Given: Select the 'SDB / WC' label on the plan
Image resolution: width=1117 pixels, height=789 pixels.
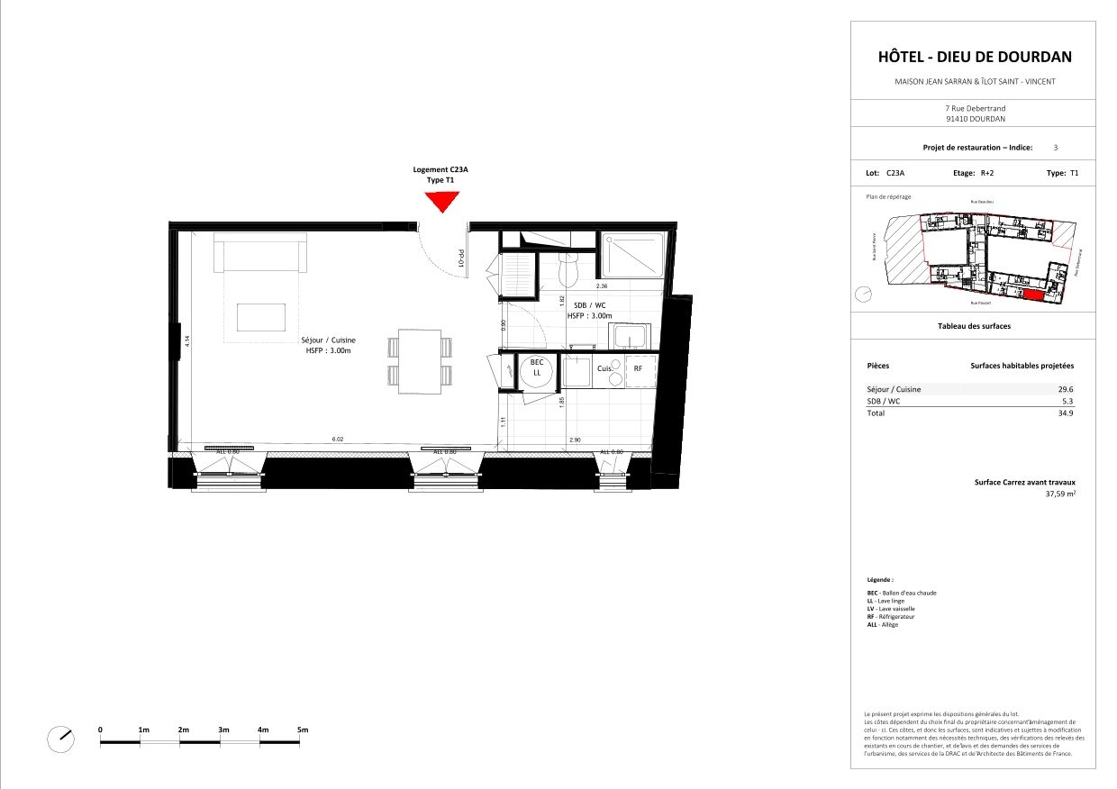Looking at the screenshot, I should pos(589,305).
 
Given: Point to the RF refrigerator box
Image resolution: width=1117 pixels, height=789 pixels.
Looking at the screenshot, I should pos(638,369).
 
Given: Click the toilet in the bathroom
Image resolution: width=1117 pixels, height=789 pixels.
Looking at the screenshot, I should pos(568,269).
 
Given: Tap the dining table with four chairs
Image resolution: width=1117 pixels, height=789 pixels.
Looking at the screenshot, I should pos(421,360).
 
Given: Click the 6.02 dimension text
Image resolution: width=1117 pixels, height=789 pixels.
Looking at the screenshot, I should pos(339,440).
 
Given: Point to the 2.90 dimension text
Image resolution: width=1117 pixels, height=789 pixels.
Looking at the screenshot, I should pos(575,440).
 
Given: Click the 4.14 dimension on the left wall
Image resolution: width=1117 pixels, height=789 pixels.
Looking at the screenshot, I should pos(187,341).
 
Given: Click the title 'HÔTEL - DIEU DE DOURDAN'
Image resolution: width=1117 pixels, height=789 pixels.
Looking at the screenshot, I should pos(975,57).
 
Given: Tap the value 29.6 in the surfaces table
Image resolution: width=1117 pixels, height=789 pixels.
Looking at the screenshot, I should pos(1065,389).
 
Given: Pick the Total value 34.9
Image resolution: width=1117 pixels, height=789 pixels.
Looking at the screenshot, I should pos(1065,413).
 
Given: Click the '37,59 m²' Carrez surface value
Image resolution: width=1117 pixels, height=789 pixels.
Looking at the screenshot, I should pos(1060,494).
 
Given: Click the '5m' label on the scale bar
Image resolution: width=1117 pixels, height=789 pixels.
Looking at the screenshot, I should pos(303,729).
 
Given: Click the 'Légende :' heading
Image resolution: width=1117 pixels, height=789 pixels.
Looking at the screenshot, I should pos(880,580).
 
